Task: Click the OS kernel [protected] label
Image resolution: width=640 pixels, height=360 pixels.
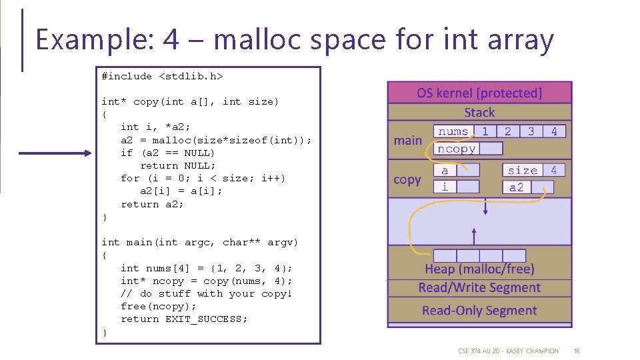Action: coord(479,93)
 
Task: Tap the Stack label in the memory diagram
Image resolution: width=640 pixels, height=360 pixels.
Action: coord(479,112)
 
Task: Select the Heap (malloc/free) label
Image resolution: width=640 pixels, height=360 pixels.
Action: coord(479,269)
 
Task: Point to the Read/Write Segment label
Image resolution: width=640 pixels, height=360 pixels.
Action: coord(479,288)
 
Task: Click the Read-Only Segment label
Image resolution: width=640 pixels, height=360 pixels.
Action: coord(479,311)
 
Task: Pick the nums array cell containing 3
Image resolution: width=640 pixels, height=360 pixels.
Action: coord(531,131)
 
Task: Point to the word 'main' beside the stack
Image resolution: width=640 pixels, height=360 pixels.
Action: coord(408,140)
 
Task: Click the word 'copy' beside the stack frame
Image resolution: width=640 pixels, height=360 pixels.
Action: coord(407,179)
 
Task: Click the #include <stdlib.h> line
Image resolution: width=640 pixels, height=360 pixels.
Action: coord(162,77)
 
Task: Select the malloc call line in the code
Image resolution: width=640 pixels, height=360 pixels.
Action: coord(215,140)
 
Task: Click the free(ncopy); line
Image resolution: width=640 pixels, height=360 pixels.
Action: coord(159,306)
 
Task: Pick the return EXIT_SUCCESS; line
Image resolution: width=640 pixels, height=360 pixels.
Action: coord(184,319)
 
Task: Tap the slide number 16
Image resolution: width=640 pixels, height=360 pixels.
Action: coord(577,351)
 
